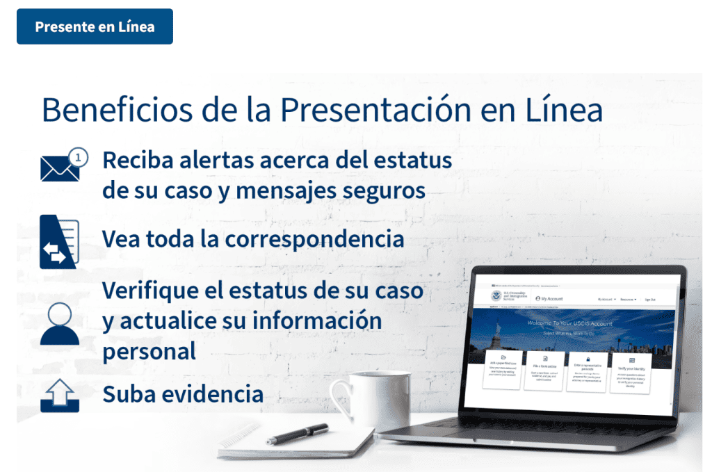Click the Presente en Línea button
[95, 27]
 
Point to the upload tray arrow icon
[59, 395]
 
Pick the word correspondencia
[314, 239]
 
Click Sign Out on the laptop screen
[649, 300]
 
